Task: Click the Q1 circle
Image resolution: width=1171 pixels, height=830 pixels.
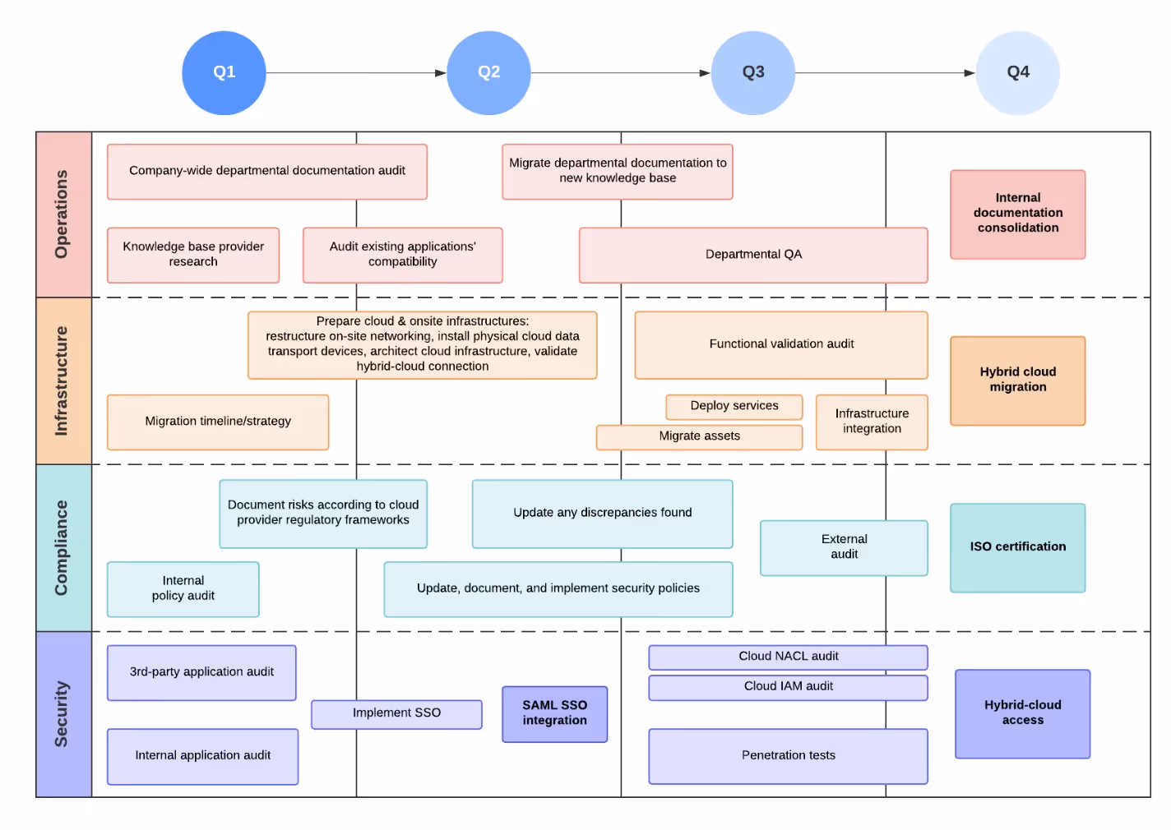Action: coord(224,72)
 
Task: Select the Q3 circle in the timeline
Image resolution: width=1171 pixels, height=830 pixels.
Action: coord(752,72)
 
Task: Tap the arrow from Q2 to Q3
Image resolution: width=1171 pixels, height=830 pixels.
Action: coord(621,73)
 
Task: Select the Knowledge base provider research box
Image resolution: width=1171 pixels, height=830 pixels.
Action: coord(193,255)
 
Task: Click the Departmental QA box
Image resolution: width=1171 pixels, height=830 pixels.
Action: coord(753,255)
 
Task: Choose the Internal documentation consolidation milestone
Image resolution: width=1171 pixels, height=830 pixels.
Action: coord(1017,214)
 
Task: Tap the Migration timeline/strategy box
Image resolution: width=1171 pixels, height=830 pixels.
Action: coord(218,422)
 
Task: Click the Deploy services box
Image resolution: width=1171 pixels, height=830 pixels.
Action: coord(734,406)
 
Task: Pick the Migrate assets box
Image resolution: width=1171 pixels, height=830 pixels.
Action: coord(699,436)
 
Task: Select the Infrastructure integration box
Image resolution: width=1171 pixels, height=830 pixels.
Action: coord(872,422)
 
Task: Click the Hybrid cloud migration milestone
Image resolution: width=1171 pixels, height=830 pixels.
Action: coord(1017,380)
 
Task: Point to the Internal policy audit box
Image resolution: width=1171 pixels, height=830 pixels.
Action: coord(183,588)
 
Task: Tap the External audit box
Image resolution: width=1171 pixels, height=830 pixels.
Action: coord(844,547)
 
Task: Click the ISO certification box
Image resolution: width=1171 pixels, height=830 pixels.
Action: coord(1017,547)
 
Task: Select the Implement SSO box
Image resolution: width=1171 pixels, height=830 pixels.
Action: coord(396,713)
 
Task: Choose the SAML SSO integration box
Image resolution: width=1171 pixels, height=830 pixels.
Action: coord(554,713)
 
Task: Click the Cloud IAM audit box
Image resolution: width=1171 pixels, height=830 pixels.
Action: coord(788,687)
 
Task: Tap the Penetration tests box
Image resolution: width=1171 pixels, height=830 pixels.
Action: coord(788,755)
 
